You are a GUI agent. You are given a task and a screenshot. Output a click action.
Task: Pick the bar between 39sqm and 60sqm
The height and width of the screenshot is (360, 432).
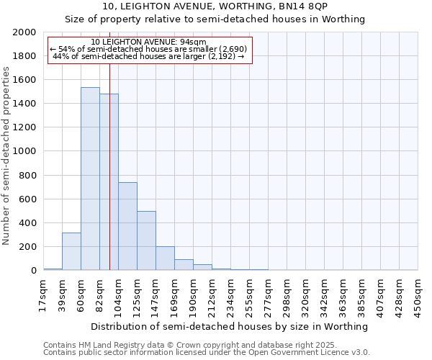pos(71,251)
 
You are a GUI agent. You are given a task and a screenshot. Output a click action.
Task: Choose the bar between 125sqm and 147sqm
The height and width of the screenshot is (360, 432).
pos(146,240)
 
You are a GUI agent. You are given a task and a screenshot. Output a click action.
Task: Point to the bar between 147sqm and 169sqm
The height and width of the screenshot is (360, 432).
pos(165,258)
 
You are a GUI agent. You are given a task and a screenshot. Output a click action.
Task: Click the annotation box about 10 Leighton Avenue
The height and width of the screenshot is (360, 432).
pos(149,50)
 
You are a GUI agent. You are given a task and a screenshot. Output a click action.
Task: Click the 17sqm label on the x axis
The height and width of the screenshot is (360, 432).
pos(43,294)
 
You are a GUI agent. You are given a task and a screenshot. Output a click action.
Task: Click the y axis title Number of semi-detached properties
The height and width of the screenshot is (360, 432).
pos(7,156)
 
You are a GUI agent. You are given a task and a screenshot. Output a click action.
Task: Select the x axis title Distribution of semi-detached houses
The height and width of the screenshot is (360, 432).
pos(230,326)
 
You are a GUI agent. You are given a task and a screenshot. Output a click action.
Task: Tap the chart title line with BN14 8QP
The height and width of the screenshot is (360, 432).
pos(215,6)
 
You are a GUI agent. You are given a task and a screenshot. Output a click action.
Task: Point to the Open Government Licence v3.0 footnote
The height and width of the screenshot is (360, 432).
pos(207,353)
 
